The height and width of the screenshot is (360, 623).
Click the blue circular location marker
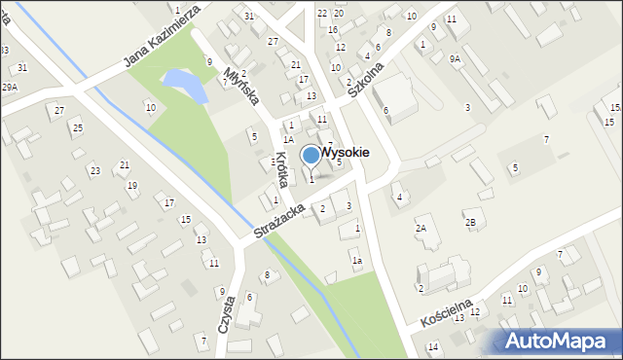coord(311,155)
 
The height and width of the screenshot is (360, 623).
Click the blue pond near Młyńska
coord(186,86)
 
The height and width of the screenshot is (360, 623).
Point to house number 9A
coord(455,58)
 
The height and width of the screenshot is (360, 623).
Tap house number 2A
coord(421,228)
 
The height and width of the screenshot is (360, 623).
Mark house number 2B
coord(470,223)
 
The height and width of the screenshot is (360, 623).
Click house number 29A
coord(10,88)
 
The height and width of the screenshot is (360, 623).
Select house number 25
coord(77,128)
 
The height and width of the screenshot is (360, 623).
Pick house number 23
coord(94,171)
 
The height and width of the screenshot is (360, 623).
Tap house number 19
coord(131,185)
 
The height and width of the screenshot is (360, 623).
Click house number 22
coord(322,13)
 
